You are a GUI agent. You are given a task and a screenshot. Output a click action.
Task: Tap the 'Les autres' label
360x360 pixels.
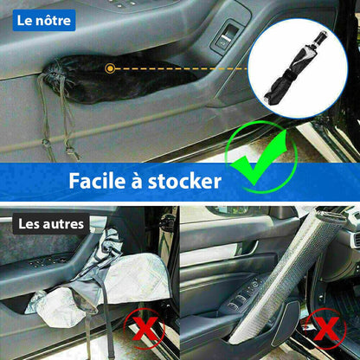(53, 225)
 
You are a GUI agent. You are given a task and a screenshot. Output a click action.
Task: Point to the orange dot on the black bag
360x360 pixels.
(108, 67)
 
